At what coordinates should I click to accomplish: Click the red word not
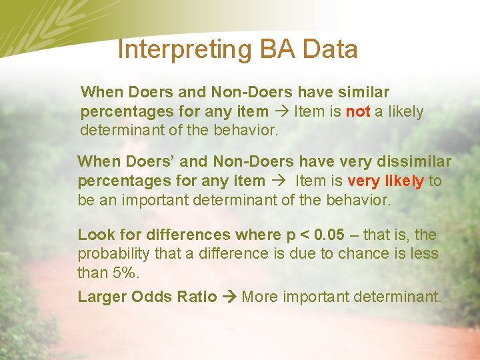358,112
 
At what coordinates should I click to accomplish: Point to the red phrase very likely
386,181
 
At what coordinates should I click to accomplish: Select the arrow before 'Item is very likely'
280,181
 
